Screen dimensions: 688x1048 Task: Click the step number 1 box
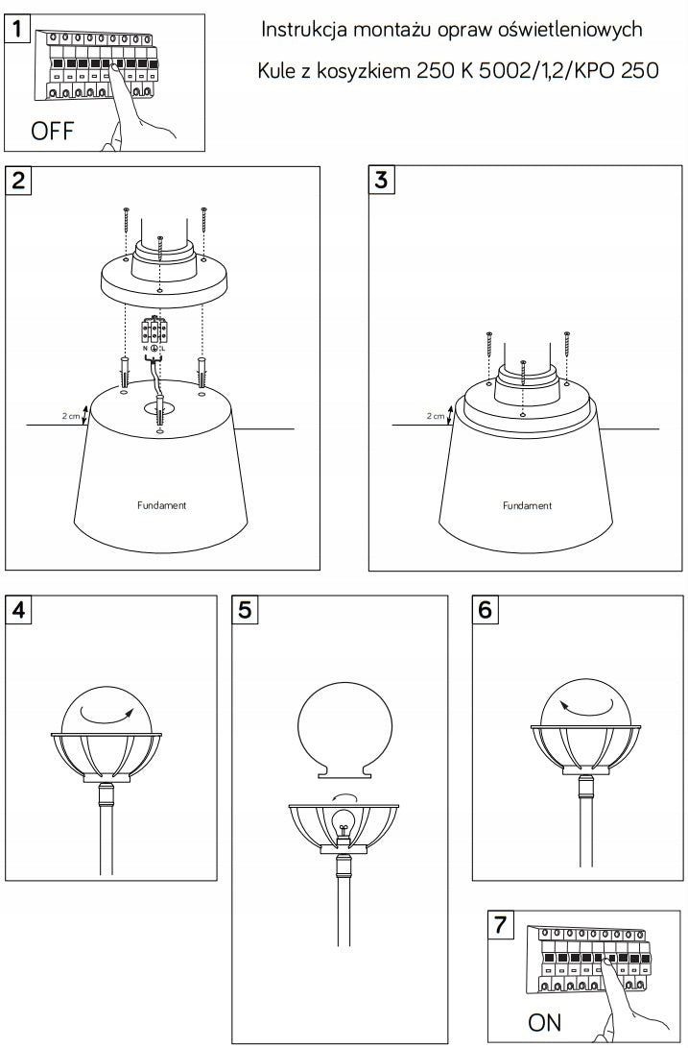[x=17, y=28]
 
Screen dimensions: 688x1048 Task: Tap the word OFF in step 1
[x=52, y=131]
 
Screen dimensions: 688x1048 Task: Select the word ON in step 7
[x=544, y=1022]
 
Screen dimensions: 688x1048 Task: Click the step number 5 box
[x=245, y=610]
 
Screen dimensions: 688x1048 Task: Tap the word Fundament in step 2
[x=161, y=505]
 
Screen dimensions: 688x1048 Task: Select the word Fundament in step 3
[x=527, y=505]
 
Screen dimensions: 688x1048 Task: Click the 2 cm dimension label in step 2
[x=71, y=416]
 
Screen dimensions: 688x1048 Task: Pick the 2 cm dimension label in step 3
[x=436, y=416]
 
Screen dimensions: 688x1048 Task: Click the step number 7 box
[x=500, y=925]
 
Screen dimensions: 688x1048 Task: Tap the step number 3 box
[x=381, y=181]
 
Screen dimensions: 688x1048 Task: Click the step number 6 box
[x=485, y=610]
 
